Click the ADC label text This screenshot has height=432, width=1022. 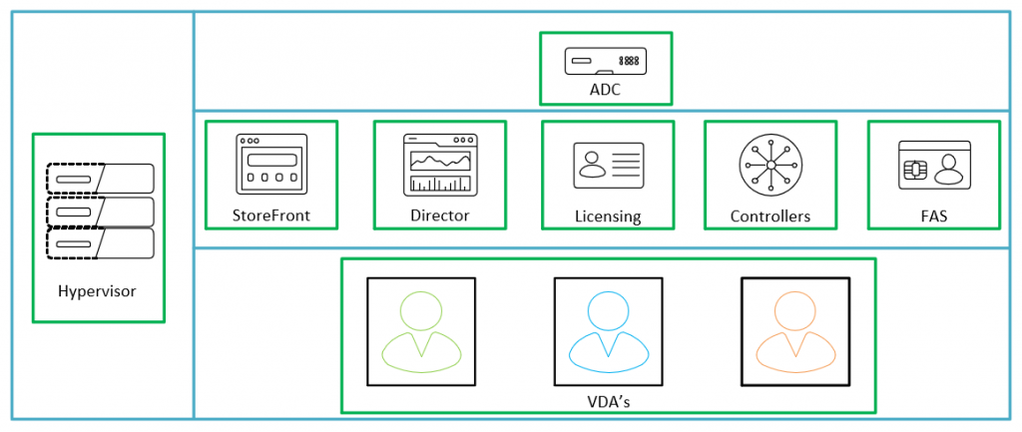tap(606, 91)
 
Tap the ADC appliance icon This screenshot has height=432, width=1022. tap(605, 62)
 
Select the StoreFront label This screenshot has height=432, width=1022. tap(271, 216)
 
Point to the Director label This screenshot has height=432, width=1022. tap(439, 216)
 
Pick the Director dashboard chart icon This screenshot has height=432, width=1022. tap(439, 165)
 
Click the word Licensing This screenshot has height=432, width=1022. tap(608, 216)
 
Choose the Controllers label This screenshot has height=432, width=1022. tap(770, 216)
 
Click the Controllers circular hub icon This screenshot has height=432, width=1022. tap(770, 165)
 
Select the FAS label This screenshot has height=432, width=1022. tap(933, 216)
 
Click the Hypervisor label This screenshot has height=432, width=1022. tap(98, 291)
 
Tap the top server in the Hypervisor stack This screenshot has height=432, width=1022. tap(100, 179)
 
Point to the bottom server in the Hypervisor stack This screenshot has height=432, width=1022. tap(100, 243)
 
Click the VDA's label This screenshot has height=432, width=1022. tap(607, 401)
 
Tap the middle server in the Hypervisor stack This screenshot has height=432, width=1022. tap(100, 212)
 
